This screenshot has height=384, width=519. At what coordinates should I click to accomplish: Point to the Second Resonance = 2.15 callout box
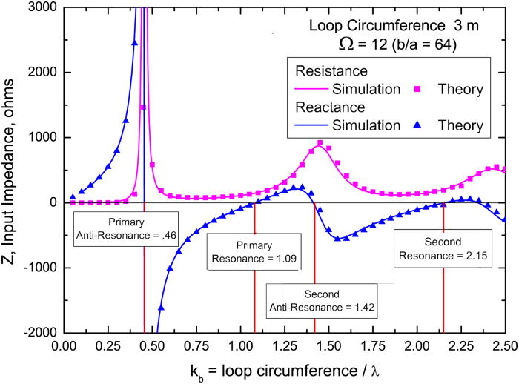click(443, 248)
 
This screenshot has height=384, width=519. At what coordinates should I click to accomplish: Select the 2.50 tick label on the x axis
click(504, 346)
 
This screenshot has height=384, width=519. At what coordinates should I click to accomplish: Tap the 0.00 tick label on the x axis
click(65, 346)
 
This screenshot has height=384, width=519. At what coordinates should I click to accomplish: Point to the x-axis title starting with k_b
click(285, 369)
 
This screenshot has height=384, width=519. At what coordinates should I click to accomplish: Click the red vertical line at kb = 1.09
click(255, 297)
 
